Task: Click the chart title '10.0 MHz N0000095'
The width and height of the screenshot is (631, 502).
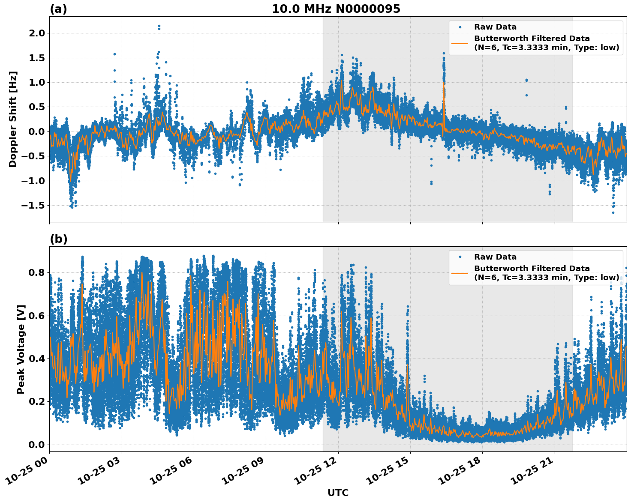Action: [336, 9]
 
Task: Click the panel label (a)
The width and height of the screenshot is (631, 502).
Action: [58, 9]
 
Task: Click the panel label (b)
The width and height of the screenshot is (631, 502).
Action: [58, 239]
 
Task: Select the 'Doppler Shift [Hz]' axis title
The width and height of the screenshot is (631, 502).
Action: [13, 119]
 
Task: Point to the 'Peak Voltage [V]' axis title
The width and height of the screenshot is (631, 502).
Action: [21, 349]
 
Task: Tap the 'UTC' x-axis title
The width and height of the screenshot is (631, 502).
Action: [338, 493]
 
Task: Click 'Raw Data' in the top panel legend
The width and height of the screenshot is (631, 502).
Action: [495, 27]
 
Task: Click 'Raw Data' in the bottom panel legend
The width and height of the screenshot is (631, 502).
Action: [495, 257]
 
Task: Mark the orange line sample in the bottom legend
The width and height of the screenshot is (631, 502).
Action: [460, 273]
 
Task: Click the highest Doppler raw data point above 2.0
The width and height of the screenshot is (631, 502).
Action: [159, 26]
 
